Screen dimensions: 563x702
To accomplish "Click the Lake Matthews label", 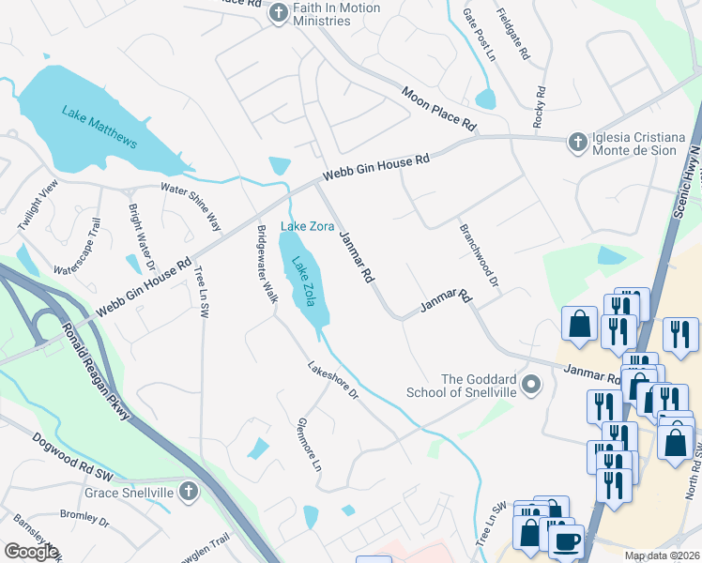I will (99, 128).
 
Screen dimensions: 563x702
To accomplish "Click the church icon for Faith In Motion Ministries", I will (279, 13).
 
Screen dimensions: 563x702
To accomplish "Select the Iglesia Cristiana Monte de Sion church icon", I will (578, 143).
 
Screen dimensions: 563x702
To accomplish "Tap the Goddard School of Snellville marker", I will (532, 384).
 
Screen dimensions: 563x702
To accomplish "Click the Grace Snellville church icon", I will (188, 491).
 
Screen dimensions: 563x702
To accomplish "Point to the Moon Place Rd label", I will (439, 110).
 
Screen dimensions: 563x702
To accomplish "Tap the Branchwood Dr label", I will (479, 254).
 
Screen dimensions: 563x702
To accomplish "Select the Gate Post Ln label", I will (479, 35).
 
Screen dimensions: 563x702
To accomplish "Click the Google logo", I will (31, 551).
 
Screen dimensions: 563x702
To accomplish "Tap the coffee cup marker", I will (566, 541).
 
